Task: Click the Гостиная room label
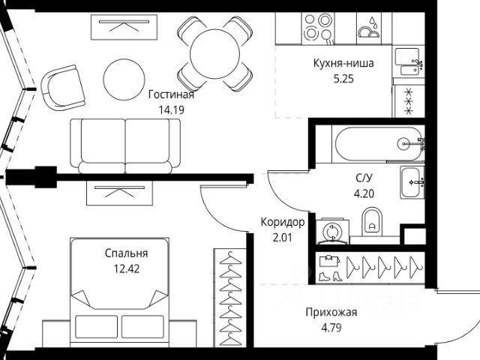click(x=171, y=94)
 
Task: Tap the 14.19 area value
click(x=171, y=109)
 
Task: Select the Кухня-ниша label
click(x=343, y=63)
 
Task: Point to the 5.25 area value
click(x=343, y=77)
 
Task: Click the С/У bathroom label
click(x=365, y=178)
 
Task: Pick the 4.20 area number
click(x=365, y=193)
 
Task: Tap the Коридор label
click(x=282, y=223)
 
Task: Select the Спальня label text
click(x=125, y=253)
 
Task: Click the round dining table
click(x=215, y=52)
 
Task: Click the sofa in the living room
click(x=125, y=143)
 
